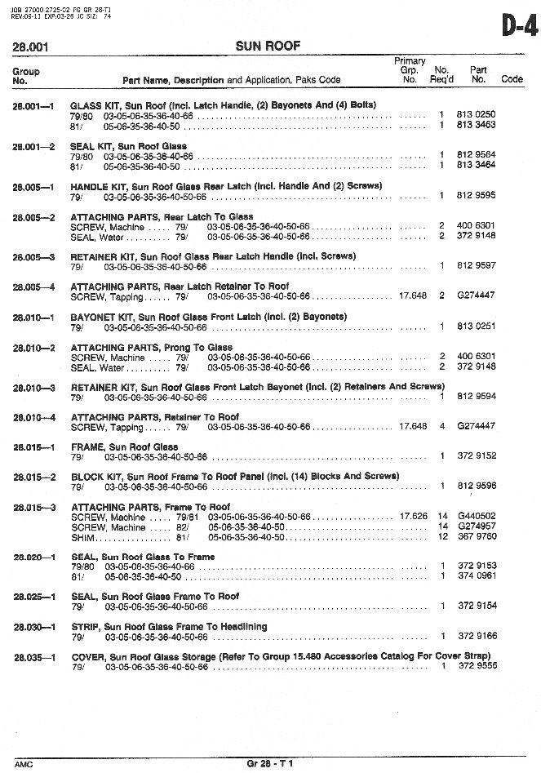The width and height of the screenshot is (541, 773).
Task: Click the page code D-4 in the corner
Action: (x=519, y=28)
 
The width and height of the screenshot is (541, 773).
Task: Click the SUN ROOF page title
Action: (x=269, y=47)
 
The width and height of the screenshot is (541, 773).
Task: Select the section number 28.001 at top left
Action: (x=29, y=47)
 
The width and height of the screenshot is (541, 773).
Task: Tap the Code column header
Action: (x=512, y=80)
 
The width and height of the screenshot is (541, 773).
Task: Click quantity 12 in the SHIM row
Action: (x=443, y=536)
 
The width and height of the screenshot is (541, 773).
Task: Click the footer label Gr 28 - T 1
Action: (x=269, y=763)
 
